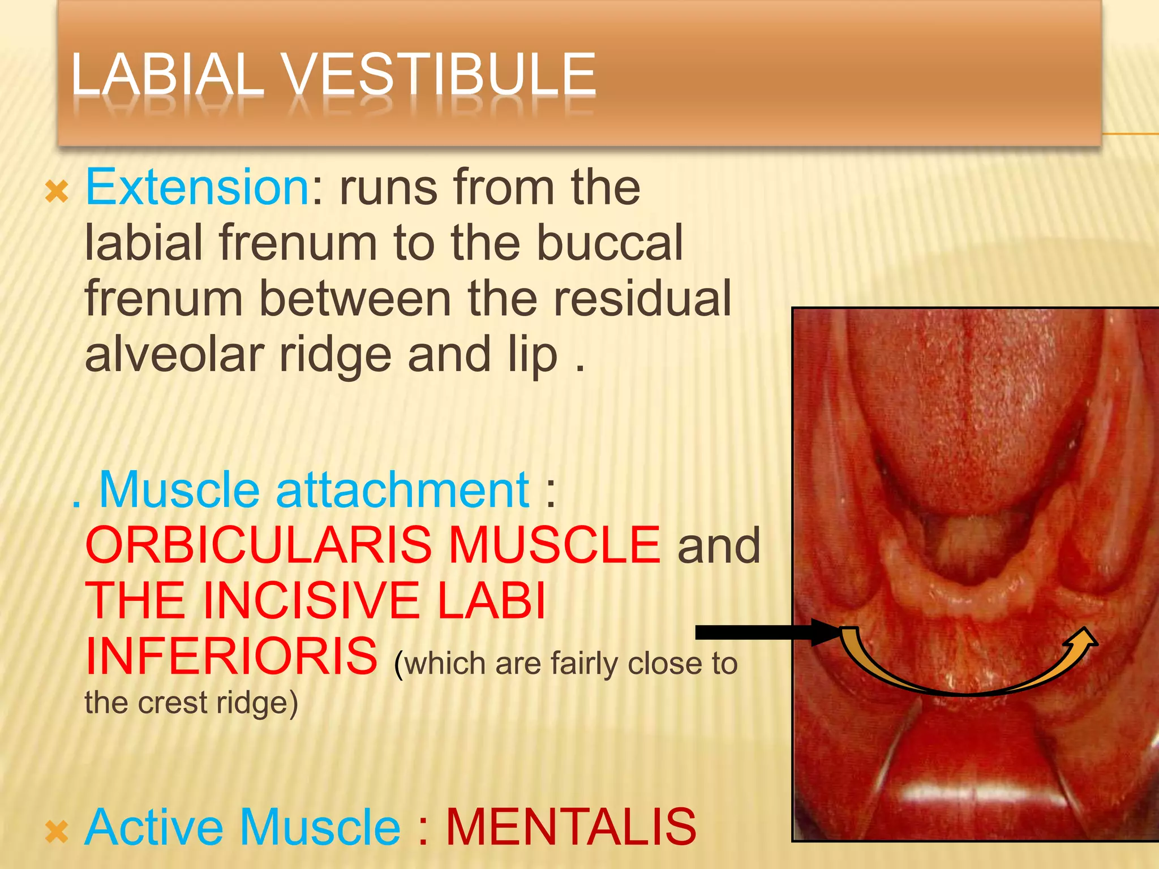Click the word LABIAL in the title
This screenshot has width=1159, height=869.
(168, 74)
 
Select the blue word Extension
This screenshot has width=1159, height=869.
(197, 187)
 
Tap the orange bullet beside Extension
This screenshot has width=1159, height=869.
(57, 192)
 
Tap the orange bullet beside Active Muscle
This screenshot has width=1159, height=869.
(57, 832)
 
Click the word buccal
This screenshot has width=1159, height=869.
(609, 243)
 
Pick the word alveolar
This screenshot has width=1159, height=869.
(174, 355)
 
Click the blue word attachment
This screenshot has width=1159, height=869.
(402, 490)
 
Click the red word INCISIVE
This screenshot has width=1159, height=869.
(311, 601)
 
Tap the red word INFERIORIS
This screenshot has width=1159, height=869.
(231, 656)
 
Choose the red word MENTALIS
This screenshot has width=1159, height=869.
(571, 828)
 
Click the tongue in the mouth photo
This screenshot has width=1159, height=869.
(973, 407)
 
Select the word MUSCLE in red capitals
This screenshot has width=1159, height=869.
(554, 545)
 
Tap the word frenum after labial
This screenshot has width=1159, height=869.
(298, 243)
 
